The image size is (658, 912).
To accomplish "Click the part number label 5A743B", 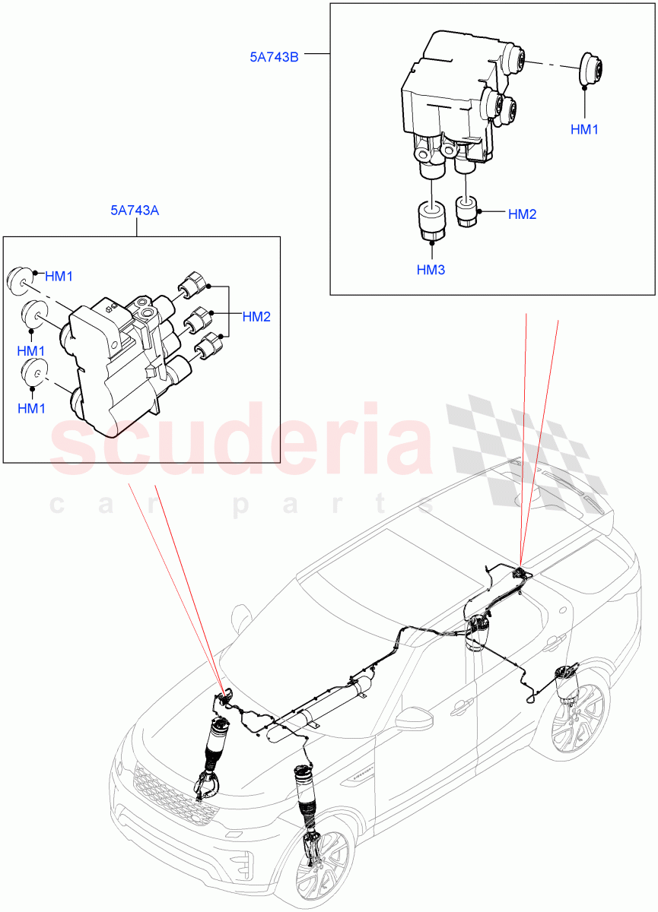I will [274, 56].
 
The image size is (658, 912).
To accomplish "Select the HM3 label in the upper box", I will [431, 270].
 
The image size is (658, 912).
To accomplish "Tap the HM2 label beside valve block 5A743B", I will [522, 214].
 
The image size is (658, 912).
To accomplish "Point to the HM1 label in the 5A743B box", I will [584, 129].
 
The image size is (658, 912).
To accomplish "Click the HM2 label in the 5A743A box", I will [256, 317].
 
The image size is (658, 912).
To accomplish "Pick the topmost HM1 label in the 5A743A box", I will [59, 277].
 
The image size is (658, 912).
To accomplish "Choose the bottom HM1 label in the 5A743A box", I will [31, 409].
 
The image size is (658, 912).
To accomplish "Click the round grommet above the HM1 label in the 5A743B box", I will [590, 70].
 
